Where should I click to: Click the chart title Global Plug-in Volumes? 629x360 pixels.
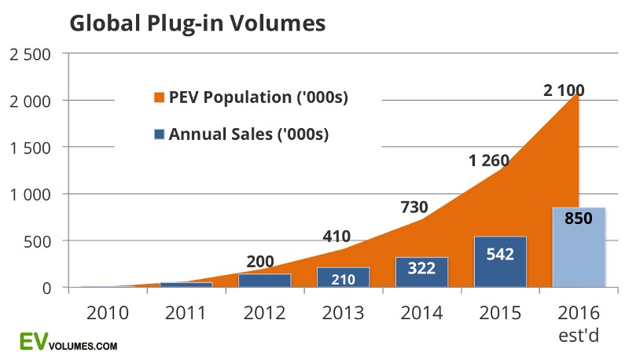197,24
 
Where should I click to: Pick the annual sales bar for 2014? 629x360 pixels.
421,272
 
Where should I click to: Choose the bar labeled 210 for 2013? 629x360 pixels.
343,277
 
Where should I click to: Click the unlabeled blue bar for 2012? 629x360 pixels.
264,281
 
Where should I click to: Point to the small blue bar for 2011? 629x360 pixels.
186,285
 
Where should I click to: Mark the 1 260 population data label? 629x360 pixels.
489,160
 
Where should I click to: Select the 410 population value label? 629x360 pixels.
336,235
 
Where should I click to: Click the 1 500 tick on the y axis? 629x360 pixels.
29,148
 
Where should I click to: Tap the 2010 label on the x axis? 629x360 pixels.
108,314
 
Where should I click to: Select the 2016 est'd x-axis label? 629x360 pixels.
579,322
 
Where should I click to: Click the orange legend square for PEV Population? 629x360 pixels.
160,98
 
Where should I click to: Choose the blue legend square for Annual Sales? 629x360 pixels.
160,134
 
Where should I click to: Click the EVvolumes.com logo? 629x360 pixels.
68,342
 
